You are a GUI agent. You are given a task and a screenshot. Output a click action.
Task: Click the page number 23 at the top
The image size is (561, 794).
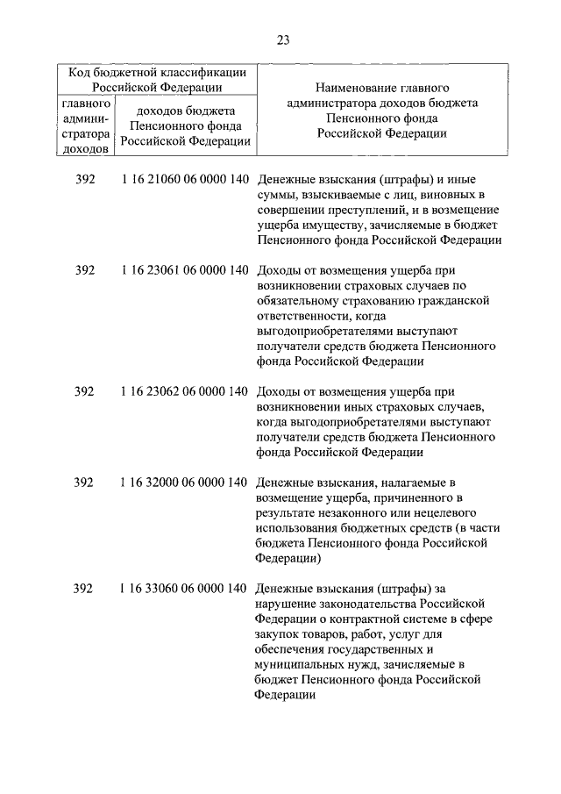coord(281,39)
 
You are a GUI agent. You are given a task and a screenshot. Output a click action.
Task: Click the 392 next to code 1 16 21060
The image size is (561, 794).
coord(84,180)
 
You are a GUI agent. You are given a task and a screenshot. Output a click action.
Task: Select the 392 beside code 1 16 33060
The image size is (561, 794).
coord(84,588)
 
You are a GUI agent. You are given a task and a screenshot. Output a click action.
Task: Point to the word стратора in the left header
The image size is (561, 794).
coord(85,134)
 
